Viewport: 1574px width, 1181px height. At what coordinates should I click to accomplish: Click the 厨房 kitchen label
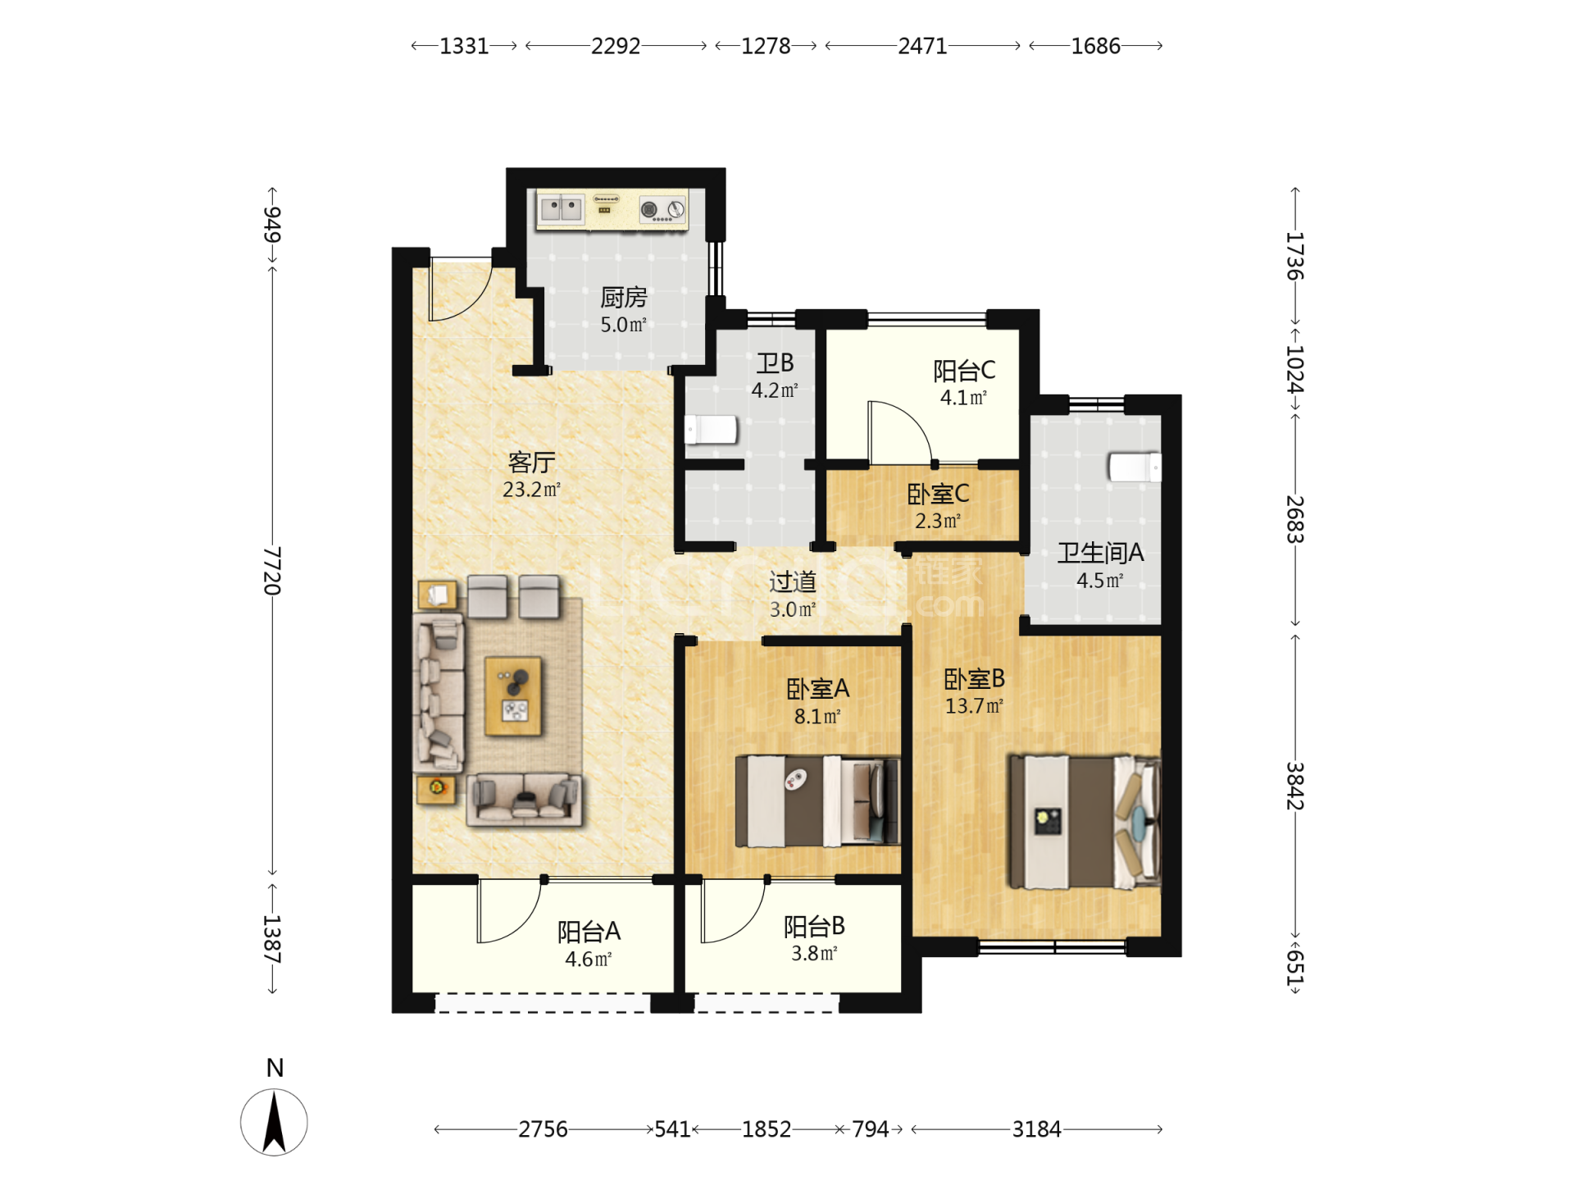623,297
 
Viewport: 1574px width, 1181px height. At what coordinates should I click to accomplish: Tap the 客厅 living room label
531,463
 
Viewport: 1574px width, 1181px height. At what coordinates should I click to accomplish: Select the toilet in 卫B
712,429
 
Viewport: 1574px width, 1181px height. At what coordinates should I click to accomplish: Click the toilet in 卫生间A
1135,467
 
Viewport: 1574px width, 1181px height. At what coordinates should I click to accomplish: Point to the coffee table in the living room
513,695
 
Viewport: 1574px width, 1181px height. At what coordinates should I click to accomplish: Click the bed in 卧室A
817,801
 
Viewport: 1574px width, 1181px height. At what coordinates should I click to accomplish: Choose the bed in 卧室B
1084,822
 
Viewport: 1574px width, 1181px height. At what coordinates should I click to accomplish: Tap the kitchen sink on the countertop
561,208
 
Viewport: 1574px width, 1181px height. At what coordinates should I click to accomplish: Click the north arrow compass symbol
274,1122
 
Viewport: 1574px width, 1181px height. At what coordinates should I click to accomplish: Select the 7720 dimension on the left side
272,571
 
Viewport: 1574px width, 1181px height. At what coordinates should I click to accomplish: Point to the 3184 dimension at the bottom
1036,1129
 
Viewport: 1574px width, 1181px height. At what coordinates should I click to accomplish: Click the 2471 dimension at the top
922,46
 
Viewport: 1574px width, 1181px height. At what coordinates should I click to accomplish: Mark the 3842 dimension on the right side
1294,786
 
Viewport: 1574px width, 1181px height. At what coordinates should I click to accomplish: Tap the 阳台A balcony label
589,932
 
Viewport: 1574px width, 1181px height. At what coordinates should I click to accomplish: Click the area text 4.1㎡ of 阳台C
963,398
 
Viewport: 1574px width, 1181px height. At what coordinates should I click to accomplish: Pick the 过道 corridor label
793,581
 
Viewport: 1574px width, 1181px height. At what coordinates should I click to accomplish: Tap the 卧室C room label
938,494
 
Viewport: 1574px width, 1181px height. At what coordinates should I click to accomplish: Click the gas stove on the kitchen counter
662,210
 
